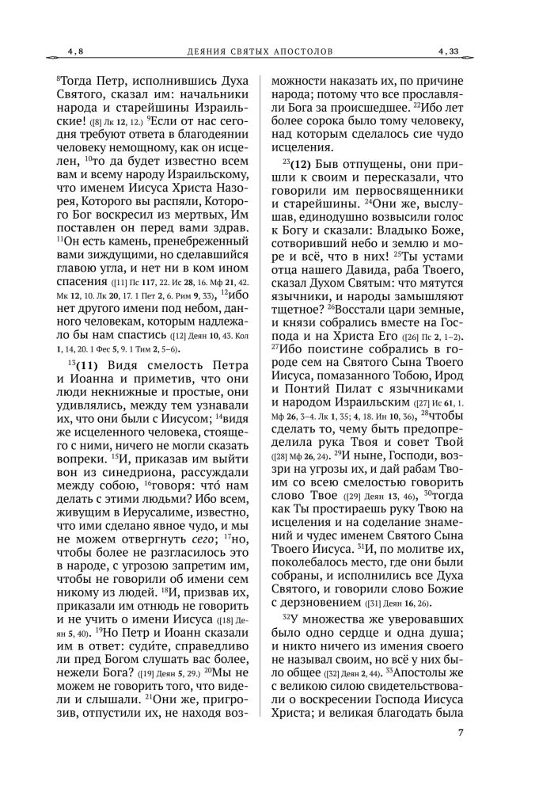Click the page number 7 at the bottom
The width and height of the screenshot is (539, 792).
pos(460,753)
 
